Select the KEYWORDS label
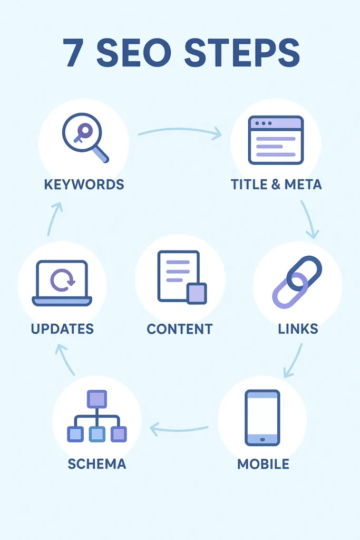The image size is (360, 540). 84,185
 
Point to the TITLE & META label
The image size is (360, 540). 276,185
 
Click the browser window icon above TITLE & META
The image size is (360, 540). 276,140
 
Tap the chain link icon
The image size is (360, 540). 297,282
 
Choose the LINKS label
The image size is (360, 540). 298,329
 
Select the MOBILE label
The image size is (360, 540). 263,464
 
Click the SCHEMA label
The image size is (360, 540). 97,464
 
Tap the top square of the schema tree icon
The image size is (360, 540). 97,399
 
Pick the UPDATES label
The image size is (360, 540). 62,329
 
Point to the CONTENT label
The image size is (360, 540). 180,329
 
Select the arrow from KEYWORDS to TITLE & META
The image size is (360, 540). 179,130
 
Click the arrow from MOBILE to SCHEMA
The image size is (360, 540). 179,429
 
